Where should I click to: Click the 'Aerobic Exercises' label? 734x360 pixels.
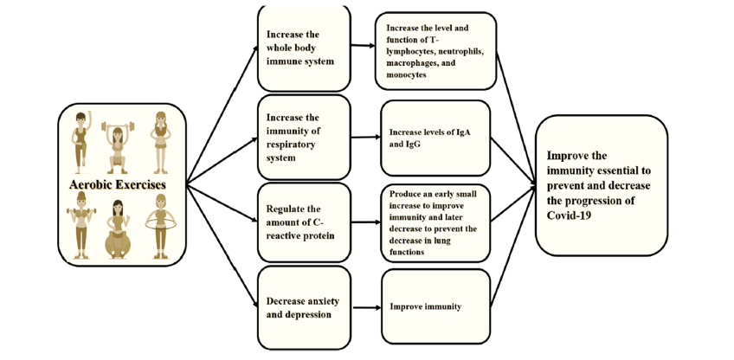click(x=118, y=184)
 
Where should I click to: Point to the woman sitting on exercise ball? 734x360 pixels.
click(x=118, y=229)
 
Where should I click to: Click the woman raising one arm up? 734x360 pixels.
click(x=82, y=139)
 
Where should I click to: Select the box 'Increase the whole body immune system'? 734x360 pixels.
click(x=304, y=48)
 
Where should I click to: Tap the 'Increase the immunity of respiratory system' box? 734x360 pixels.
click(x=304, y=138)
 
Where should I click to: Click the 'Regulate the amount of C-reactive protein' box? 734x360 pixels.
click(x=304, y=222)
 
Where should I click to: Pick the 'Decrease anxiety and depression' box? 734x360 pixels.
click(x=304, y=307)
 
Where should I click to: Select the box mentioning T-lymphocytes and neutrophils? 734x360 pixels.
click(x=435, y=51)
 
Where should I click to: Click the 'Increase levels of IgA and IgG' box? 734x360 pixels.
click(x=435, y=138)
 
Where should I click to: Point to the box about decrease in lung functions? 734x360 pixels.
click(x=435, y=222)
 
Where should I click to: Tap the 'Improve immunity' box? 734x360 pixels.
click(x=435, y=306)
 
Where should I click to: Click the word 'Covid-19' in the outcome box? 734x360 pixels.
click(x=567, y=215)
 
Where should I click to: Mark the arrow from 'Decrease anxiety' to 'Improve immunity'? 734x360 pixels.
click(x=367, y=307)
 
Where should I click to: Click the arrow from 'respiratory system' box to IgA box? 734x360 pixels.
click(x=365, y=138)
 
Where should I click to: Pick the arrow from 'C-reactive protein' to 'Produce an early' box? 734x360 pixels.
click(x=365, y=222)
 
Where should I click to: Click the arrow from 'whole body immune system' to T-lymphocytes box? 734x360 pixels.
click(x=363, y=46)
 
